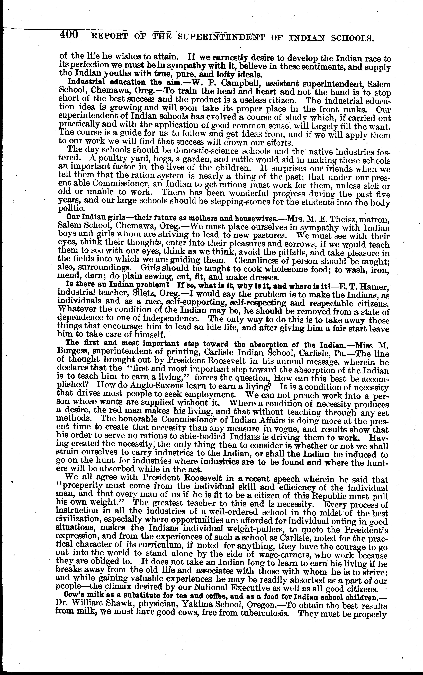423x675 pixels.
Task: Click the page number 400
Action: coord(69,35)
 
